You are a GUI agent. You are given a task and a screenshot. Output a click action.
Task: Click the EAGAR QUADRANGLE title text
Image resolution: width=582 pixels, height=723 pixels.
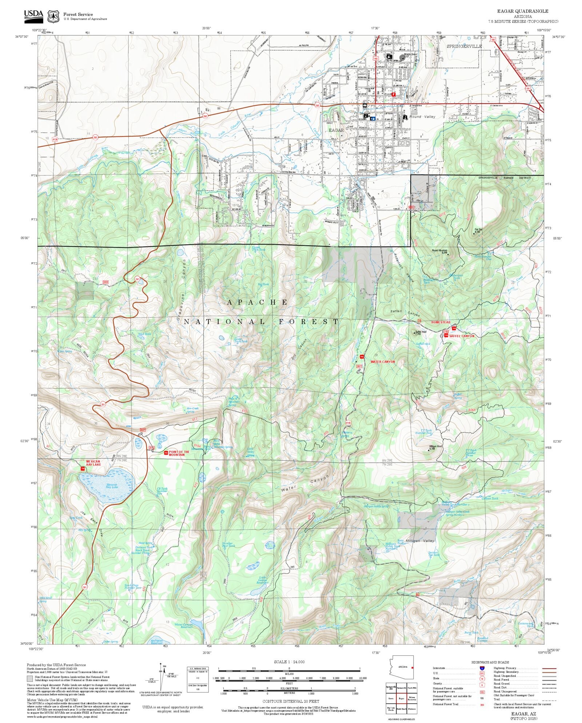point(523,11)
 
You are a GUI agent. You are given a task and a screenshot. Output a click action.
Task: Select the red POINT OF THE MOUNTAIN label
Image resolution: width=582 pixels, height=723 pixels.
point(179,453)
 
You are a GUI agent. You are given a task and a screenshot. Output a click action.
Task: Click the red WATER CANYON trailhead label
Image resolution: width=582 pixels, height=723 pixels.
point(382,362)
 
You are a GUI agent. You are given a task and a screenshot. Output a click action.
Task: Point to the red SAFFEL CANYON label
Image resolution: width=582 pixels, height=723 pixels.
point(462,336)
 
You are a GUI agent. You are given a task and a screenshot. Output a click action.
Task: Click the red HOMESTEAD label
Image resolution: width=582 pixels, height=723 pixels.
point(441,322)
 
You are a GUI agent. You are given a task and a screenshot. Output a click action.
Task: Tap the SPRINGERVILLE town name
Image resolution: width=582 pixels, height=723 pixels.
point(464,46)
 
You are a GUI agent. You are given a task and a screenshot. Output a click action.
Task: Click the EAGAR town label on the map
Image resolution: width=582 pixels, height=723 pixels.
point(336,130)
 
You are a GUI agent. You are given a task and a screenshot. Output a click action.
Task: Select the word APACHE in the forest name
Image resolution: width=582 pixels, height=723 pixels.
point(258,302)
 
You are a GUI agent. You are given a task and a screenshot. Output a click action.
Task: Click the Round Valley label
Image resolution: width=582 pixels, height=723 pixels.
point(422,117)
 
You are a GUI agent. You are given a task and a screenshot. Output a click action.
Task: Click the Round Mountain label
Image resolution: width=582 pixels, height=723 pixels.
point(439,250)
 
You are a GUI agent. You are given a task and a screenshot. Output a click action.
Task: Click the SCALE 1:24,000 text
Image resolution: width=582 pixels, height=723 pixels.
point(289,662)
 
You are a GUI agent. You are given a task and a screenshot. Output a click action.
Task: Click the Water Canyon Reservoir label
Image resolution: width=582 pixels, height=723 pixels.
point(184,625)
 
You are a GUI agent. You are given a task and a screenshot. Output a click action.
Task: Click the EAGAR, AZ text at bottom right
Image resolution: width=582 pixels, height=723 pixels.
point(523,714)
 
